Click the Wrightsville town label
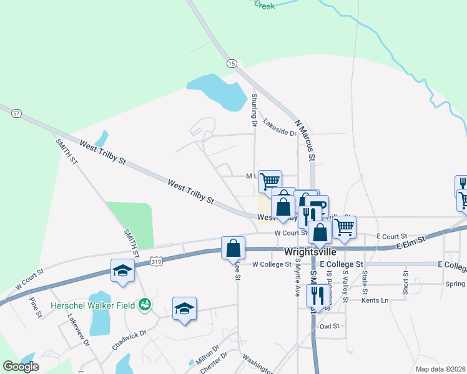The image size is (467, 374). coord(310,252)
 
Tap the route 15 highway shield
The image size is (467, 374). coord(232,64)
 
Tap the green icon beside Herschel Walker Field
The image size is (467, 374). coord(145,304)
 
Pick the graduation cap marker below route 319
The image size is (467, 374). coord(122,271)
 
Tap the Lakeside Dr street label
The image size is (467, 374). coord(279,127)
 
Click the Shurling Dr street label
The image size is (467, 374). coord(254,110)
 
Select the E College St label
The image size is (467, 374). coord(341,264)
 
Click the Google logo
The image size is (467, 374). coord(21,367)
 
